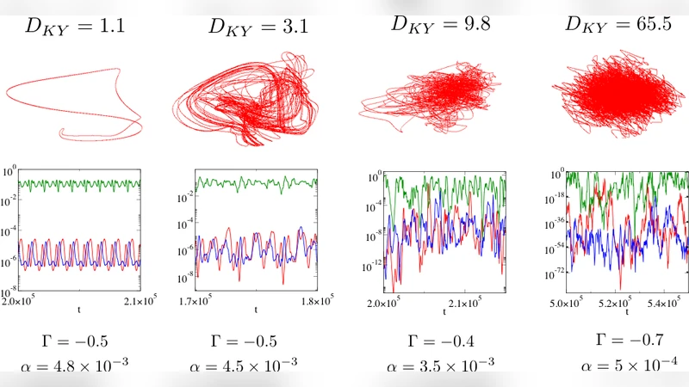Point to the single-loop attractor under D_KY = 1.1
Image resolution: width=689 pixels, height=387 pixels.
tap(78, 103)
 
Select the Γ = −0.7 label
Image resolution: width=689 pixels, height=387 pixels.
tap(618, 339)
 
